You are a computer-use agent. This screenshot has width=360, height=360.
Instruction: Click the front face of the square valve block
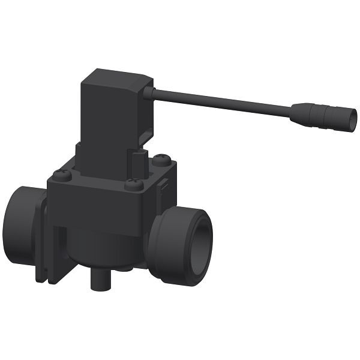[99, 210]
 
